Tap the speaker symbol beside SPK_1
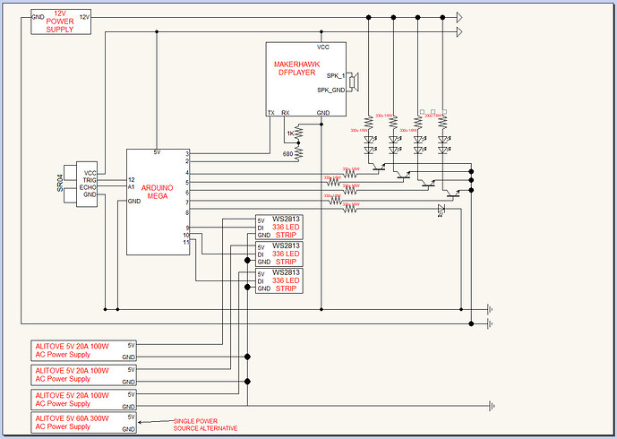pyautogui.click(x=354, y=82)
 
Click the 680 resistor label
pyautogui.click(x=288, y=153)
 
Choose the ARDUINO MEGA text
pyautogui.click(x=159, y=193)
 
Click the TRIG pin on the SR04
pyautogui.click(x=90, y=181)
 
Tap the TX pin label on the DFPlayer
pyautogui.click(x=271, y=113)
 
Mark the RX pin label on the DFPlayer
pyautogui.click(x=286, y=113)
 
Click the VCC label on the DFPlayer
pyautogui.click(x=323, y=47)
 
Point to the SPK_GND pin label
pyautogui.click(x=330, y=90)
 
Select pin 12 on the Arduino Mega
pyautogui.click(x=132, y=180)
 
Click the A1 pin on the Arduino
pyautogui.click(x=131, y=188)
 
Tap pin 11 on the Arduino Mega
pyautogui.click(x=185, y=242)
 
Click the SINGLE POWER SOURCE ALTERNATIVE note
pyautogui.click(x=212, y=425)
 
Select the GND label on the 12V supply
pyautogui.click(x=38, y=17)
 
